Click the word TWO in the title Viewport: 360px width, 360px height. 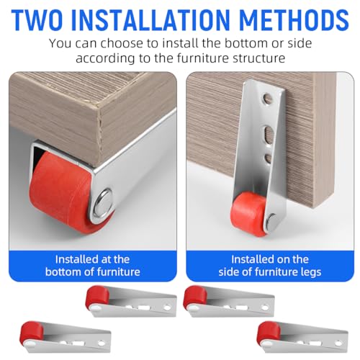click(37, 19)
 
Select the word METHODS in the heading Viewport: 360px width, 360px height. click(294, 19)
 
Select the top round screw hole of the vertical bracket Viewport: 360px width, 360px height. click(268, 99)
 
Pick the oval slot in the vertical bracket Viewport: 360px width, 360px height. click(269, 135)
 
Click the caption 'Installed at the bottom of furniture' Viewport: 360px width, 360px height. click(93, 266)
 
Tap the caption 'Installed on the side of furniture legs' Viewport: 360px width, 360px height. click(270, 266)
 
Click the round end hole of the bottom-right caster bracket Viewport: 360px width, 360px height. click(338, 343)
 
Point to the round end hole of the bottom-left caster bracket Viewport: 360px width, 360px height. click(102, 343)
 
